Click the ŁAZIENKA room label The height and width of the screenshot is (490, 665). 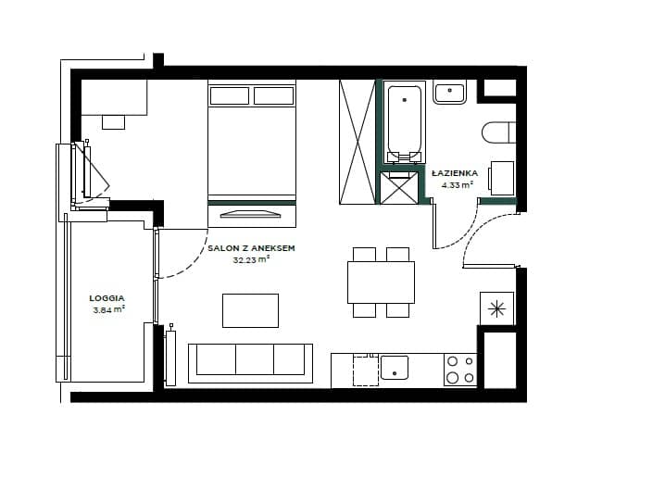click(x=455, y=173)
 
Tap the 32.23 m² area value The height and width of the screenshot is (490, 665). click(x=251, y=259)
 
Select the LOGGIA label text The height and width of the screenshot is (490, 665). click(x=107, y=298)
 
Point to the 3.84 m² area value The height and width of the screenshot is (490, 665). click(x=109, y=309)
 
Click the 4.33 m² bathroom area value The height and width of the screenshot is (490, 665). click(x=458, y=185)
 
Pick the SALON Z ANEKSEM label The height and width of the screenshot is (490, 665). click(x=251, y=248)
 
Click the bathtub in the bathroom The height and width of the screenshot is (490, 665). click(x=405, y=122)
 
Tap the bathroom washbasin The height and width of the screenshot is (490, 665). click(x=449, y=92)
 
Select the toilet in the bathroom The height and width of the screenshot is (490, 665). click(x=498, y=132)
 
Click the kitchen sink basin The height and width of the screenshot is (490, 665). click(x=395, y=368)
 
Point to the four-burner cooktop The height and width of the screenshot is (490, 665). click(x=460, y=370)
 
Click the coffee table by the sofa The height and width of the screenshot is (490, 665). click(x=251, y=310)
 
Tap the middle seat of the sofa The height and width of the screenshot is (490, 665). click(x=255, y=359)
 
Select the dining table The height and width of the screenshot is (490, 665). click(x=381, y=283)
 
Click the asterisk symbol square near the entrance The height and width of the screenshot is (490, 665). click(x=496, y=308)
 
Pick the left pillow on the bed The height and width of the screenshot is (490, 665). click(x=230, y=95)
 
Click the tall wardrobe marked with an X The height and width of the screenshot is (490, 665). click(x=358, y=142)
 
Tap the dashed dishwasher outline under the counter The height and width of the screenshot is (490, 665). click(x=366, y=371)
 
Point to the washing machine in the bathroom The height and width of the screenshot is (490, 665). click(x=502, y=178)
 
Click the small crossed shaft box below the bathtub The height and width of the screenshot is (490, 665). click(x=399, y=188)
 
